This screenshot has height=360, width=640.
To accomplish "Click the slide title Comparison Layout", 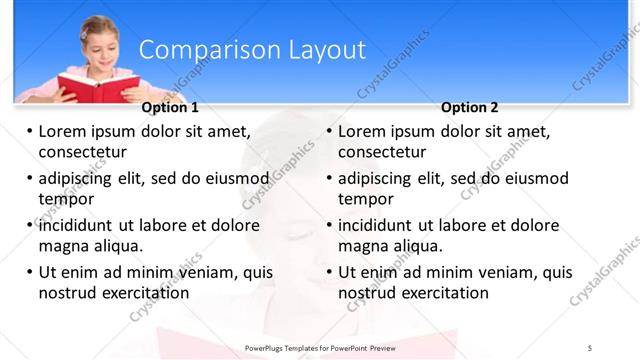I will pos(251,50).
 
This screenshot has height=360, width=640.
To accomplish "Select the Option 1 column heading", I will pos(170,108).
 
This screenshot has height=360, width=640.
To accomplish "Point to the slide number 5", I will pos(590,346).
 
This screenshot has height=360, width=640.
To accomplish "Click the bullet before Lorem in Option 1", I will pos(30,131).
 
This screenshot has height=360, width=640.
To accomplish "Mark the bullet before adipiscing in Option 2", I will pos(330,178).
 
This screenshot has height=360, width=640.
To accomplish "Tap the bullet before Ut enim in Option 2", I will pos(330,272).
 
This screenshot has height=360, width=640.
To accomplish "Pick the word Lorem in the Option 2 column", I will pos(363,131).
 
